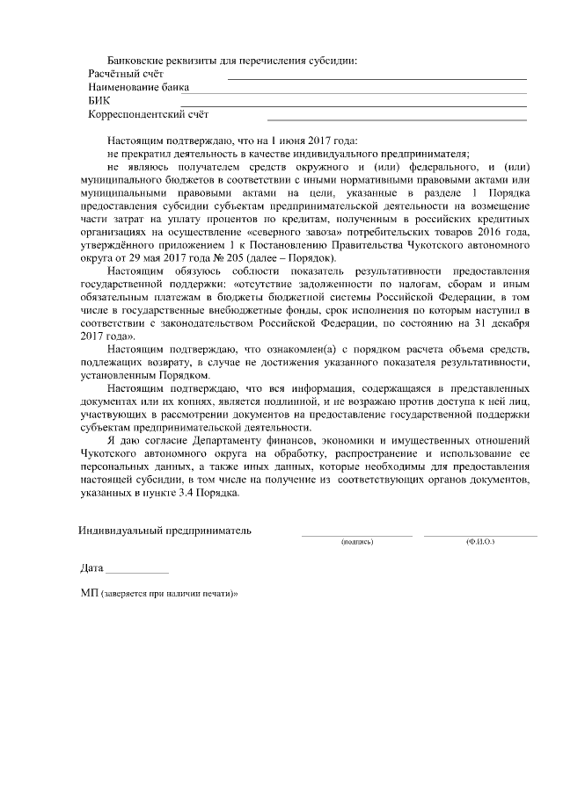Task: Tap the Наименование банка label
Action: click(x=139, y=88)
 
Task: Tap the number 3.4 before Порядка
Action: click(x=194, y=495)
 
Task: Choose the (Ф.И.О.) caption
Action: click(x=480, y=542)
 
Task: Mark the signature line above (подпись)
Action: click(x=357, y=534)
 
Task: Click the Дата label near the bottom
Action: click(x=91, y=569)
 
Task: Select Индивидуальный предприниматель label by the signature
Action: click(x=164, y=531)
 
